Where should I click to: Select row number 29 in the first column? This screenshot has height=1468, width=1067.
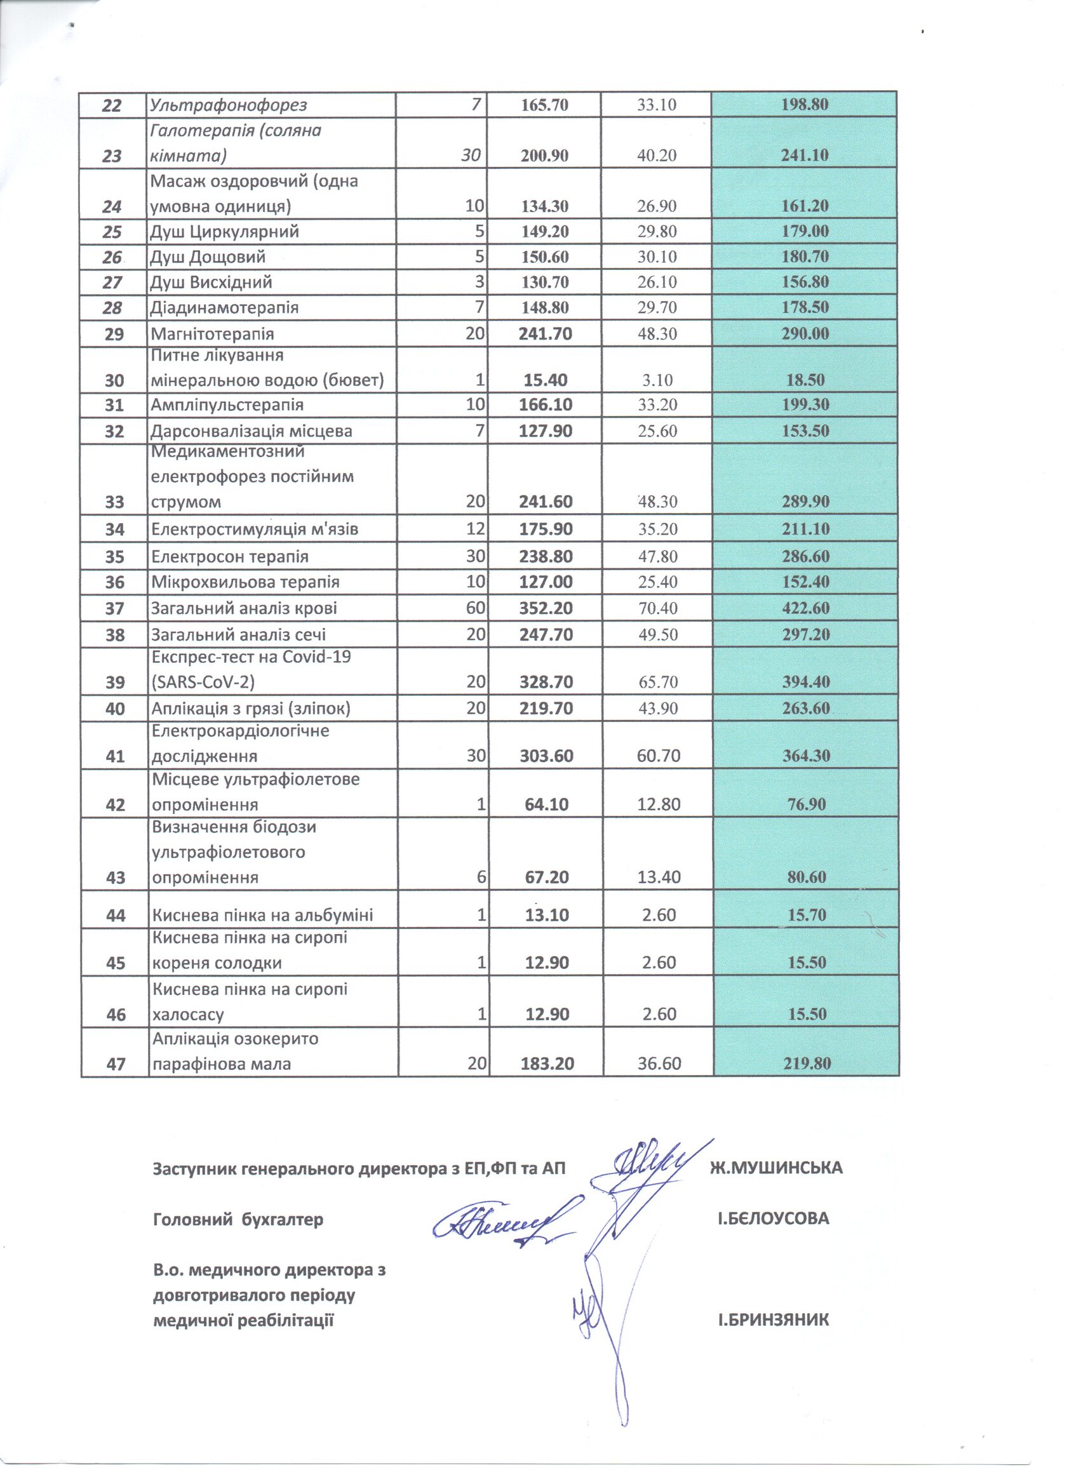tap(114, 335)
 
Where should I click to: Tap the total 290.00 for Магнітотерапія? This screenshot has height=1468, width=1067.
tap(805, 334)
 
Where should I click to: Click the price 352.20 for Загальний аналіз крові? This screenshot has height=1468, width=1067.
tap(546, 608)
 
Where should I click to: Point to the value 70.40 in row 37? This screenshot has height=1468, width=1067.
tap(658, 608)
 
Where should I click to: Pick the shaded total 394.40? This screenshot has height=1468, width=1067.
tap(805, 682)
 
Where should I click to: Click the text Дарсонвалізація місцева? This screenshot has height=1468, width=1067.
tap(252, 431)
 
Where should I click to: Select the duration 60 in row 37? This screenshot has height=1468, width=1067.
tap(475, 608)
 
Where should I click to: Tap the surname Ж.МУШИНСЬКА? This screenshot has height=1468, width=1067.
tap(776, 1168)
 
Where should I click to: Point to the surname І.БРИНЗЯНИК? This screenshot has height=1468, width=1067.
tap(773, 1320)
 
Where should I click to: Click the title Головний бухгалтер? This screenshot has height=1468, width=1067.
tap(238, 1220)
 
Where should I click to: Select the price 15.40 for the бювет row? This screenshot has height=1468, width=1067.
tap(545, 380)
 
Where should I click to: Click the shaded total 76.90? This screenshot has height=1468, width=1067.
tap(806, 804)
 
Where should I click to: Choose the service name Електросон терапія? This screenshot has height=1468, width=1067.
tap(230, 557)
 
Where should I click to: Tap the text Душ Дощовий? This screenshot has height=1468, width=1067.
tap(208, 257)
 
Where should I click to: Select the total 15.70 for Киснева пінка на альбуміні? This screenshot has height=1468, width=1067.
tap(806, 915)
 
